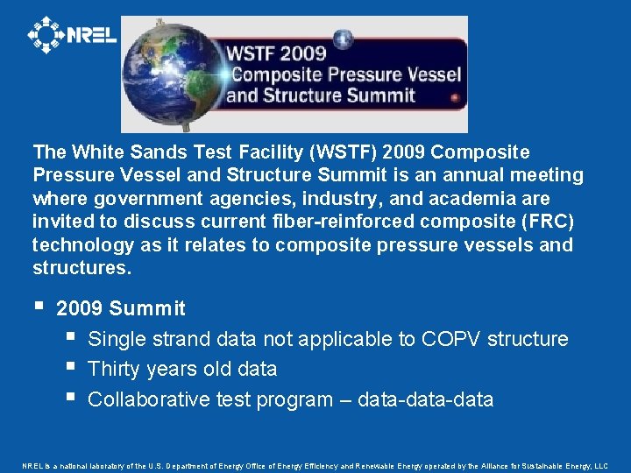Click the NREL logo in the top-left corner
(x=72, y=35)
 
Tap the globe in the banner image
(x=172, y=74)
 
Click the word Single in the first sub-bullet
(x=117, y=339)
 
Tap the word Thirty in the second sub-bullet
(x=116, y=370)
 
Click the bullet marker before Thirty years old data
(x=69, y=368)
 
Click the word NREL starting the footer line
(x=32, y=466)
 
